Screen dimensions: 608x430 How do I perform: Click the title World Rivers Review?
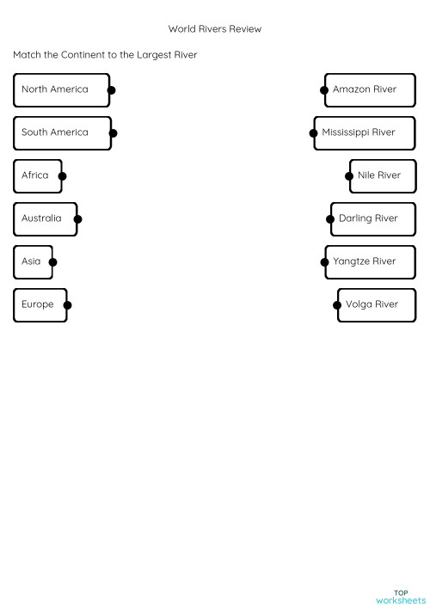tap(214, 29)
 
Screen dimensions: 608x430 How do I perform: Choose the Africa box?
tap(37, 175)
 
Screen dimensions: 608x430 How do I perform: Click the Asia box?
tap(33, 261)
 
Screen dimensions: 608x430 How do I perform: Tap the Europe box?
tap(40, 304)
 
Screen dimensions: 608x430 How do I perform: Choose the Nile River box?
tap(382, 175)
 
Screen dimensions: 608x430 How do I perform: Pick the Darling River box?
tap(372, 218)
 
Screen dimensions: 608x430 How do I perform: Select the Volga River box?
tap(376, 304)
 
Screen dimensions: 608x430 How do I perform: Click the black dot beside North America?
tap(111, 89)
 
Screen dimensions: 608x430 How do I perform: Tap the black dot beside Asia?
tap(52, 262)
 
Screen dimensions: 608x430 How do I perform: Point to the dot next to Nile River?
tap(350, 176)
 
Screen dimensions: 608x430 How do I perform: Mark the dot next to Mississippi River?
tap(313, 133)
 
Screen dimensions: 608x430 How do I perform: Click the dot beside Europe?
tap(67, 305)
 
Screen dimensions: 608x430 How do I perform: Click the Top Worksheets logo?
tap(401, 597)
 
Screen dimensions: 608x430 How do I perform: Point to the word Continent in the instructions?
tap(83, 55)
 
